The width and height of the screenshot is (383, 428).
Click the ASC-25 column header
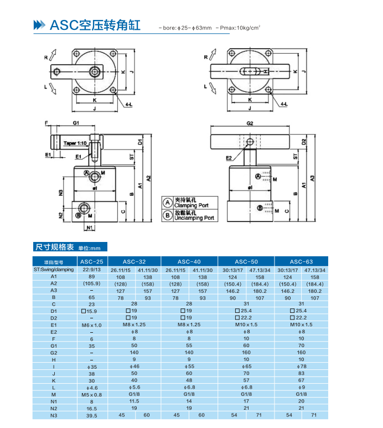tap(91, 261)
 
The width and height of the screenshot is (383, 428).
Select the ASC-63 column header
tap(301, 261)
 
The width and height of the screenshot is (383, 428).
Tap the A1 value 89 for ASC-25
tap(91, 276)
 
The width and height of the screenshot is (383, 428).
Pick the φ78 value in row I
tap(301, 367)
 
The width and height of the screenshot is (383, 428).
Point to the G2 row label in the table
tap(54, 352)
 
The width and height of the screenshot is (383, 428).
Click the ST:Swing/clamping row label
tap(54, 269)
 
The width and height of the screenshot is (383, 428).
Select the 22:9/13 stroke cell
tap(91, 269)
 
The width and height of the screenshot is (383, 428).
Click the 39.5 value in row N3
tap(91, 415)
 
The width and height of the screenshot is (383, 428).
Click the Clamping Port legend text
tap(193, 205)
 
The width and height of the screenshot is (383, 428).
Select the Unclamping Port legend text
tap(194, 218)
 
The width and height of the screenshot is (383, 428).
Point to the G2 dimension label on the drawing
tap(250, 123)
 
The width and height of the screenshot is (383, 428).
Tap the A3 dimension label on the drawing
tap(314, 178)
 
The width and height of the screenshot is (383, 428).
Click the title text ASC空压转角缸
tap(95, 25)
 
